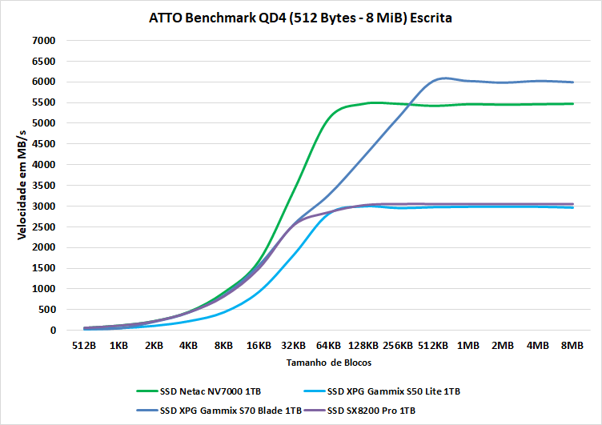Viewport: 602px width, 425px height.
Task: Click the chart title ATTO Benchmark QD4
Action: click(300, 18)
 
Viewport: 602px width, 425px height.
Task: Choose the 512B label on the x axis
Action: click(84, 346)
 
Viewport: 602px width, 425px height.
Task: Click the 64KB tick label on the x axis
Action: click(328, 346)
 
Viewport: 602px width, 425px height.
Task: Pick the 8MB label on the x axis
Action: click(572, 346)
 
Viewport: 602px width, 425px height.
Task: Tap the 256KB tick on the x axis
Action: click(398, 346)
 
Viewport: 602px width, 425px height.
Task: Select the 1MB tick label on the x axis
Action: click(468, 346)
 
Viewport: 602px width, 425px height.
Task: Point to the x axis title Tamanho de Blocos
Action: click(328, 363)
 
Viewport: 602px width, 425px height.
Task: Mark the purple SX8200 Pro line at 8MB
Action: click(572, 204)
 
